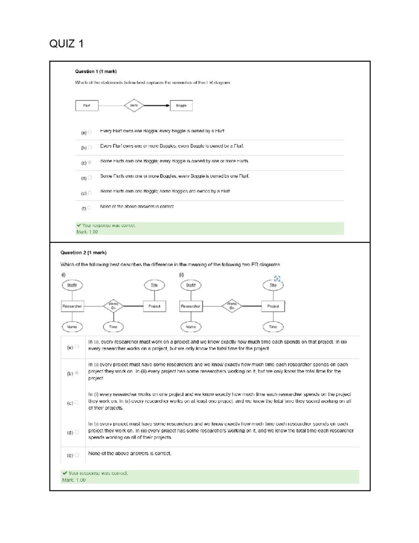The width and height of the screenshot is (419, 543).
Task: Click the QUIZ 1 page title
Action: (x=66, y=44)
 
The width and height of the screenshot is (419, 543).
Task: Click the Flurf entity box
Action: (x=87, y=106)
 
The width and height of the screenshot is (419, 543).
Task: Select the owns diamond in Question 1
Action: (x=134, y=105)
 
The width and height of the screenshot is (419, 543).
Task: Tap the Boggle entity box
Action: (x=181, y=106)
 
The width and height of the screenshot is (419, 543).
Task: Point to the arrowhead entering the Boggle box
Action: (x=168, y=106)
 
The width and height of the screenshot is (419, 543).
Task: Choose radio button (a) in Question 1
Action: (x=90, y=132)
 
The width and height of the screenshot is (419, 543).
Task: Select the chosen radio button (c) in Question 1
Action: (x=90, y=162)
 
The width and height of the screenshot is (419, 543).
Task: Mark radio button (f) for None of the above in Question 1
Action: (x=89, y=208)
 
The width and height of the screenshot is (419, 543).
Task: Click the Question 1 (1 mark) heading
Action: (x=96, y=71)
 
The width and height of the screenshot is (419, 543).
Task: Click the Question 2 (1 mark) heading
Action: (x=83, y=252)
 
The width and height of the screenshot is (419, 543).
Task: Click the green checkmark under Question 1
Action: (x=79, y=226)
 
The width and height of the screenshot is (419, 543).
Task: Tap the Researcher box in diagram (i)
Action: (x=72, y=306)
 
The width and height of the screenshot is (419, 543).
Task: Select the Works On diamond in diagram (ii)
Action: (x=232, y=306)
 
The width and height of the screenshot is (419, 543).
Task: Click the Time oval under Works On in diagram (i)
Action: (x=113, y=327)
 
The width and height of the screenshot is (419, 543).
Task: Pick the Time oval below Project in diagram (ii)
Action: (x=273, y=327)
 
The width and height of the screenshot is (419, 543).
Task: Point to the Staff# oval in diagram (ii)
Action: (x=191, y=285)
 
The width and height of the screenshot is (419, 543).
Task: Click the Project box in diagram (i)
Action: (x=154, y=306)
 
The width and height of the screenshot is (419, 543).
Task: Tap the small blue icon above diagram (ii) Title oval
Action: (x=277, y=278)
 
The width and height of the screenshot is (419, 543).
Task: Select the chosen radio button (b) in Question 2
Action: (x=77, y=373)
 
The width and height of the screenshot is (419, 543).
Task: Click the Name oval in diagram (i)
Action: (x=72, y=327)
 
